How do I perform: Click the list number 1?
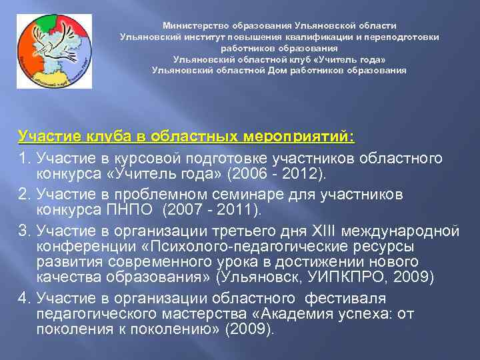23,159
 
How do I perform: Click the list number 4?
23,297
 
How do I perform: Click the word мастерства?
168,313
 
